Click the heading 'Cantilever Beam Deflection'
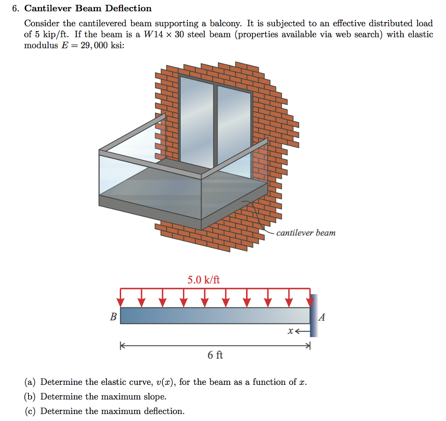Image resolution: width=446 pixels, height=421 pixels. coord(88,8)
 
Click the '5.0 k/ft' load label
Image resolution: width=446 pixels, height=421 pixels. coord(203,280)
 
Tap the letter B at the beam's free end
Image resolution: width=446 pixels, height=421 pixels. coord(113,317)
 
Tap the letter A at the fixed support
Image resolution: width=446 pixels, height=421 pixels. coord(322,317)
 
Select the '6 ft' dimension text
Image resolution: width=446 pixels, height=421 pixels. coord(215,355)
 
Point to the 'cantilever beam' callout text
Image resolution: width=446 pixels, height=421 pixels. coord(306,233)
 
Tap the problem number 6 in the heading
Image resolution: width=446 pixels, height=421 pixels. coord(14,8)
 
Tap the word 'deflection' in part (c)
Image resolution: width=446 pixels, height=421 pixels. coord(162,411)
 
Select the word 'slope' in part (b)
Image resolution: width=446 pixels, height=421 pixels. coord(155,397)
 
